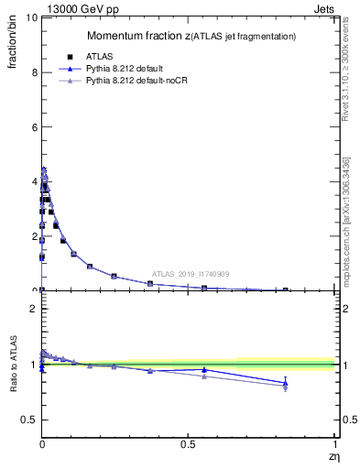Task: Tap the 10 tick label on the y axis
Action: pos(30,17)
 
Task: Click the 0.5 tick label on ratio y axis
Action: pos(27,420)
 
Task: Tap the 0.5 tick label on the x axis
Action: pos(188,444)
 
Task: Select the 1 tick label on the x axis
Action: pos(333,444)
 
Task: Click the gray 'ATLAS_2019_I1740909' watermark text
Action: pos(192,274)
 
